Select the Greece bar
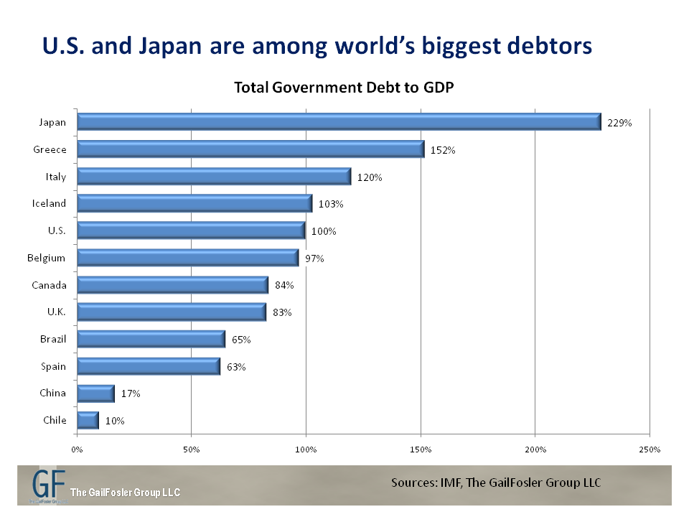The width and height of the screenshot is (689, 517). point(250,149)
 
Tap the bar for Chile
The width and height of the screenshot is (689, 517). point(88,420)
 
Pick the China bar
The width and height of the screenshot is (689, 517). point(95,393)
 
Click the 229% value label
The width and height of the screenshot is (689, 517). point(619,123)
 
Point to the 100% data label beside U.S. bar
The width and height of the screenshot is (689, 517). point(324,231)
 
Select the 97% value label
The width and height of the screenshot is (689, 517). point(314,258)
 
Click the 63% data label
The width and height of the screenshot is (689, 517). point(237,367)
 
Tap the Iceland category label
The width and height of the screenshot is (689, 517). point(50,203)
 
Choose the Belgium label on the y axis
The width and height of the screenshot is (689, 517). point(48,258)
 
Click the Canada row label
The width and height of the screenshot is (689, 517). point(49,285)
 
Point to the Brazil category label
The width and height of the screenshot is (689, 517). point(53,339)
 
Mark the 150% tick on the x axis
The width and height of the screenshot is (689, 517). point(421,450)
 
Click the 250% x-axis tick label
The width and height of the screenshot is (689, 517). point(650,450)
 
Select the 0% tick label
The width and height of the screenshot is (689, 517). point(77,450)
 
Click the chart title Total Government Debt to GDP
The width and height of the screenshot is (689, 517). point(344,88)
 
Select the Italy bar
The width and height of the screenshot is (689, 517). point(214,177)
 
